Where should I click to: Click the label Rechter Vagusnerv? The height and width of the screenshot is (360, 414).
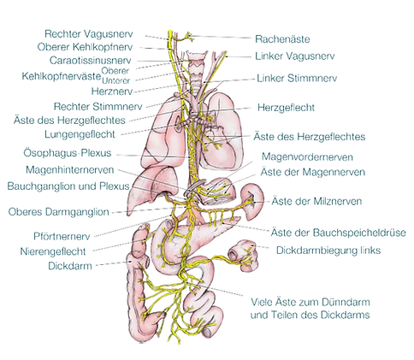[x=89, y=34]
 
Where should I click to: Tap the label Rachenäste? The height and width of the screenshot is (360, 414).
[x=282, y=39]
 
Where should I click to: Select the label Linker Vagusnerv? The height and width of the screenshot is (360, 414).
[x=294, y=56]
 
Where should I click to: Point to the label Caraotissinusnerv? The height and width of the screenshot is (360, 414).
[x=91, y=61]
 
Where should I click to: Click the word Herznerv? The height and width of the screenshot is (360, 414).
[x=112, y=91]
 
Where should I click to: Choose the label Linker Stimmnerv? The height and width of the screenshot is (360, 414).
[x=297, y=79]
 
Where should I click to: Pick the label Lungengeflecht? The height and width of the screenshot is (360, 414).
[x=80, y=134]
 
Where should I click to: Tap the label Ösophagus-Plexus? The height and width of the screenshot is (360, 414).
[x=68, y=153]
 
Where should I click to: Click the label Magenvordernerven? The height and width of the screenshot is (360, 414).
[x=307, y=157]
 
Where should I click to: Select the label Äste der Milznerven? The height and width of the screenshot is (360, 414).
[x=316, y=201]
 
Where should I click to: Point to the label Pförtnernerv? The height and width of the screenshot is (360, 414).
[x=62, y=236]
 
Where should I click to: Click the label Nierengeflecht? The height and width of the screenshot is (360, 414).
[x=53, y=251]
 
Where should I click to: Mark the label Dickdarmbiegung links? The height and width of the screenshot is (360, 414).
[x=328, y=251]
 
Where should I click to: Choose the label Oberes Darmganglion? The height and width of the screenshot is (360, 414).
[x=58, y=212]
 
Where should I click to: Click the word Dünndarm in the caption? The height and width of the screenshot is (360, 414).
[x=346, y=302]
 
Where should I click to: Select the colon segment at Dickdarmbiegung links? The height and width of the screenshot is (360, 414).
[x=244, y=255]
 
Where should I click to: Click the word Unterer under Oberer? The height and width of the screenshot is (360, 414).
[x=115, y=80]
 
